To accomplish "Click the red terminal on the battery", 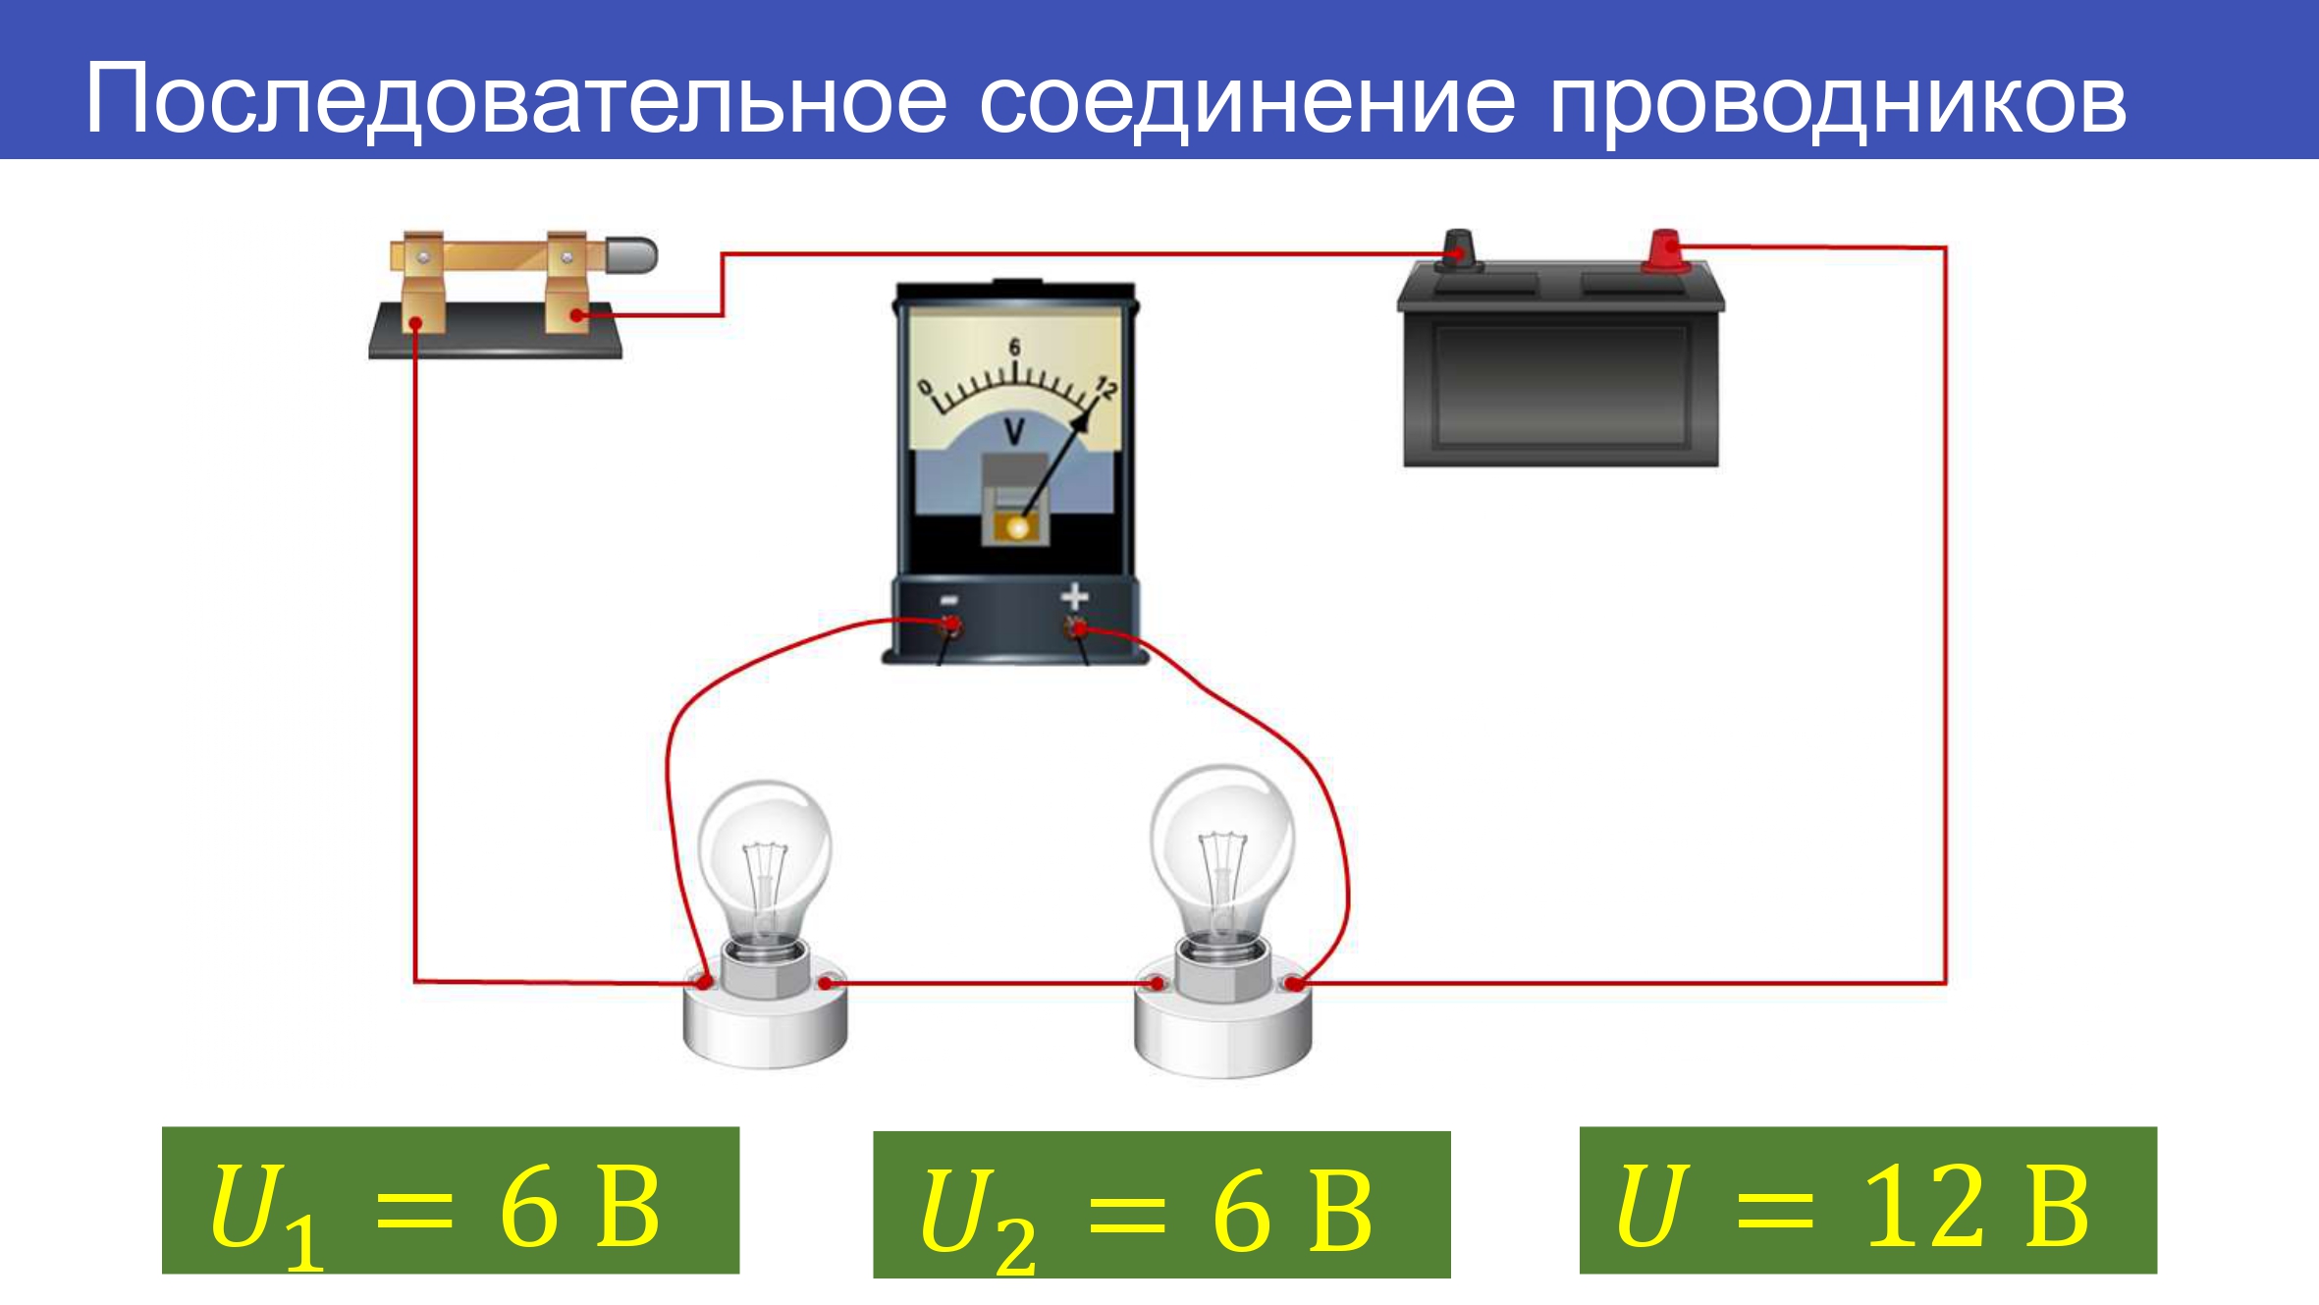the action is tap(1665, 250).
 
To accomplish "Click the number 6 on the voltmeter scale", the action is tap(1014, 347).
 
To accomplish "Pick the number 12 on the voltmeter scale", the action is tap(1105, 389).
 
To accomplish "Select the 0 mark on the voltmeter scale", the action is tap(924, 388).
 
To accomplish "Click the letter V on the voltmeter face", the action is tap(1015, 431).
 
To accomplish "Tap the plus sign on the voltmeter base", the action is tap(1075, 596).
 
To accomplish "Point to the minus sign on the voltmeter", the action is tap(949, 600).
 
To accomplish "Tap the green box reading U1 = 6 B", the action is tap(451, 1200).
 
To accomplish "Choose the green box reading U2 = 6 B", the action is tap(1161, 1205).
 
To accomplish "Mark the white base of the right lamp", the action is tap(1222, 1026).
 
